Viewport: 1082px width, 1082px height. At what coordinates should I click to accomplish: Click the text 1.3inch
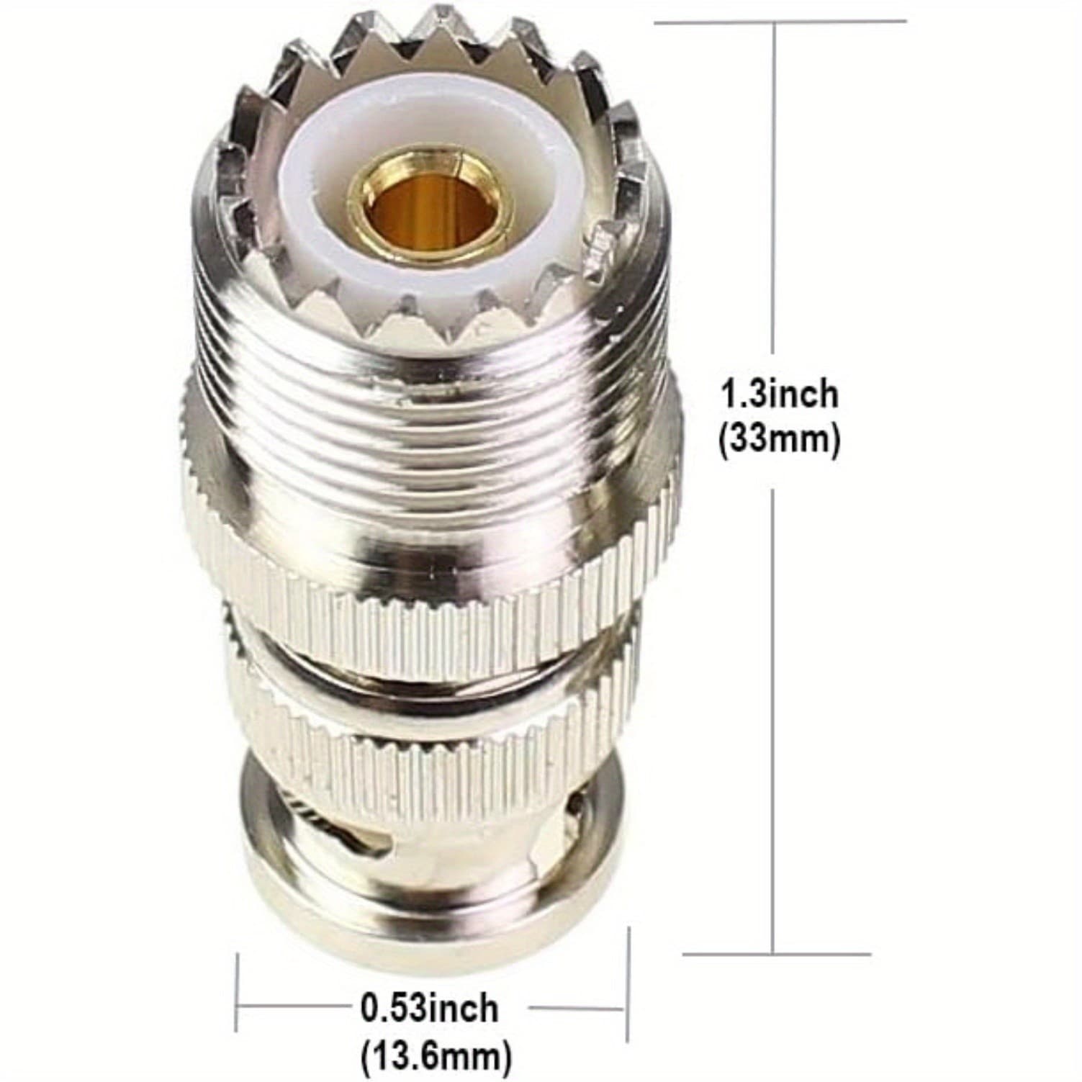pyautogui.click(x=780, y=395)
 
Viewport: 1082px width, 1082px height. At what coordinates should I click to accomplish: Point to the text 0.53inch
pyautogui.click(x=429, y=1007)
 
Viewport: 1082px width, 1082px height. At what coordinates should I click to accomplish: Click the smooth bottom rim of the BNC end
pyautogui.click(x=432, y=885)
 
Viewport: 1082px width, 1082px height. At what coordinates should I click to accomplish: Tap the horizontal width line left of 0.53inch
pyautogui.click(x=295, y=1009)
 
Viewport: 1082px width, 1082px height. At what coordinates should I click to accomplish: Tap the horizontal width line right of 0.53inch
pyautogui.click(x=576, y=1009)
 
